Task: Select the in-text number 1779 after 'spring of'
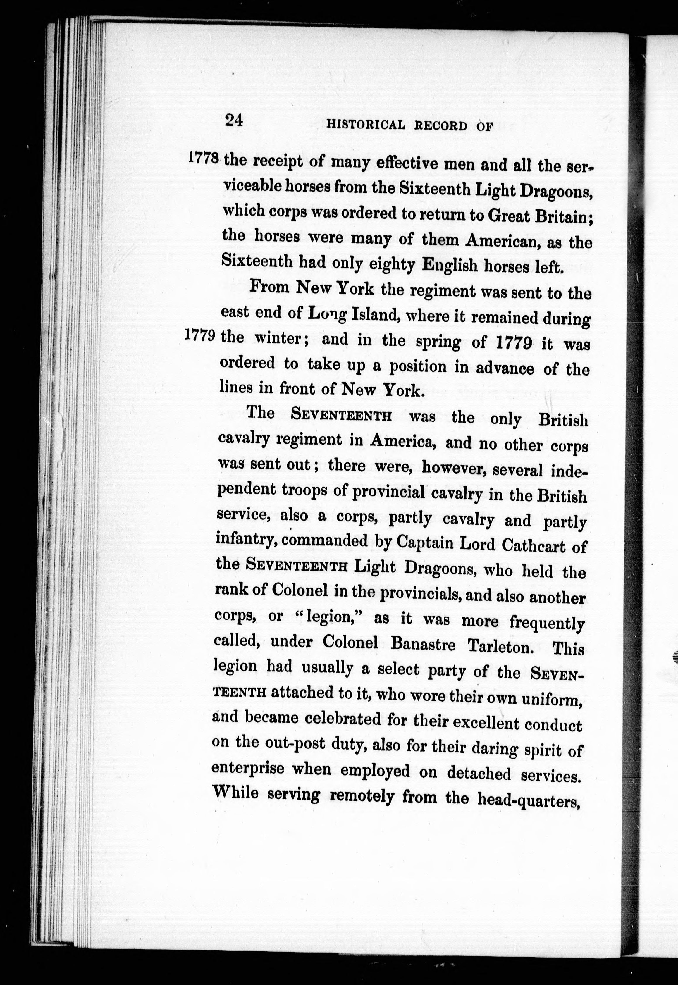click(x=514, y=342)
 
